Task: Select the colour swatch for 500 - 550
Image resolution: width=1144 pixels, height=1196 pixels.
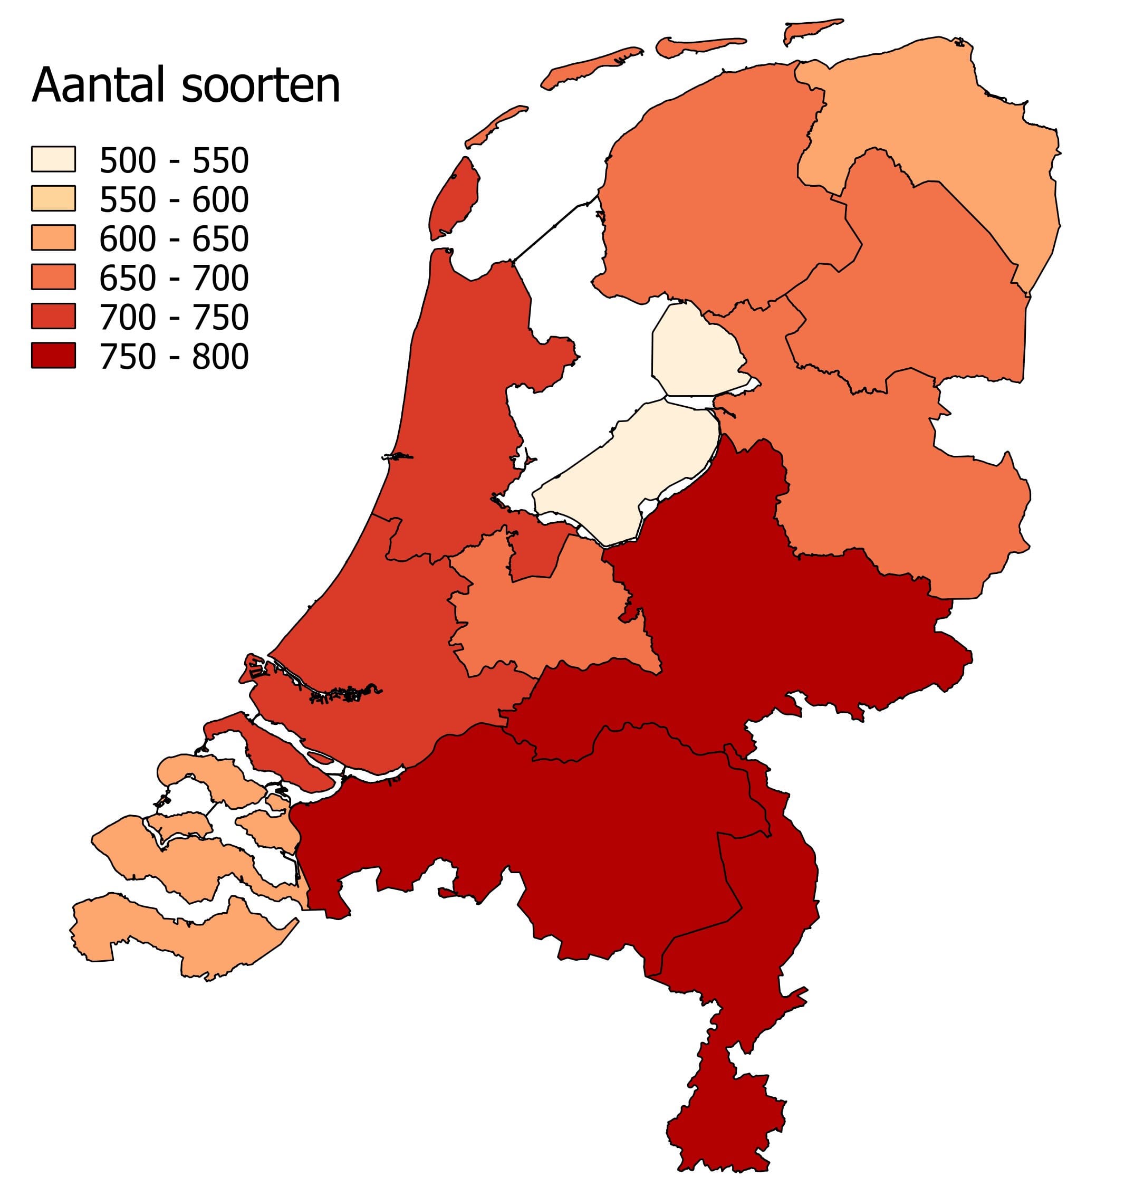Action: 53,159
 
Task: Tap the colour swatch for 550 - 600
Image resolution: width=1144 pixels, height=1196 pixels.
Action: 53,198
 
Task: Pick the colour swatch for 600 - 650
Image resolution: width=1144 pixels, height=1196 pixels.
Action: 53,237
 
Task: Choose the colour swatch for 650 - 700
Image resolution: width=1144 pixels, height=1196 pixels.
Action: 53,276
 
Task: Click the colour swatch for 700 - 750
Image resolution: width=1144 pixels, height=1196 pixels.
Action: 53,316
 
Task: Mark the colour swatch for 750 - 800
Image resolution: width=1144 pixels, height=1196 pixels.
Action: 53,355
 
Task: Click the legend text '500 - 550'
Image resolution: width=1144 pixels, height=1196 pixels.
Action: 174,160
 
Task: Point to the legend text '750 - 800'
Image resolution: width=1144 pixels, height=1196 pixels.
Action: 174,357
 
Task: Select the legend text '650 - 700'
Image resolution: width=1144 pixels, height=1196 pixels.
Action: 174,278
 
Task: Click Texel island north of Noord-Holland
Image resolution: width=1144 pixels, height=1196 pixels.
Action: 454,198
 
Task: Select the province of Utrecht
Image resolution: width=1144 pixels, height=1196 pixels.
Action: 549,616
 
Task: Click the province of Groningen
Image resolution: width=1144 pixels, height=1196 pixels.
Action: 933,116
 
